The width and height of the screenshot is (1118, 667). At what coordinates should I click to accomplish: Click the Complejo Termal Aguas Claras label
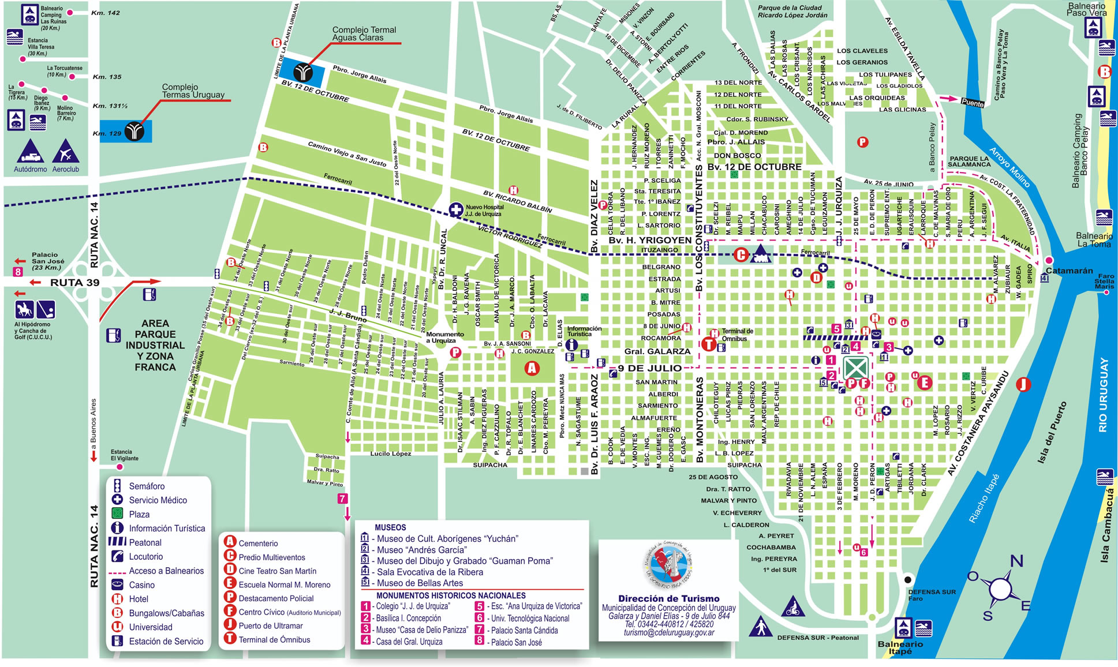pyautogui.click(x=364, y=34)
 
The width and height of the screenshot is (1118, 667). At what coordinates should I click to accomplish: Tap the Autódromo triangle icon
pyautogui.click(x=30, y=151)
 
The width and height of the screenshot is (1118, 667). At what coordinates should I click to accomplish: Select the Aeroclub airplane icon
pyautogui.click(x=65, y=151)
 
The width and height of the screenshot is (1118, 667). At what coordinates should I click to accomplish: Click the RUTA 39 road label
pyautogui.click(x=74, y=283)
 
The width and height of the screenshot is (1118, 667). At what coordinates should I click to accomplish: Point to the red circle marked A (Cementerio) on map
pyautogui.click(x=532, y=368)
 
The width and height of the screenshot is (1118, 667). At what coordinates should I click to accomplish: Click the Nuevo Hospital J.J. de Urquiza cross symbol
pyautogui.click(x=456, y=210)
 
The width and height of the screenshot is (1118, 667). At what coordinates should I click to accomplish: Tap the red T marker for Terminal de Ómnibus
pyautogui.click(x=709, y=344)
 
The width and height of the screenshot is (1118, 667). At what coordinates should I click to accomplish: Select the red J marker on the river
pyautogui.click(x=1023, y=384)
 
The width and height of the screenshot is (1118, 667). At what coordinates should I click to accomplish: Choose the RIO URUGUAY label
pyautogui.click(x=1103, y=395)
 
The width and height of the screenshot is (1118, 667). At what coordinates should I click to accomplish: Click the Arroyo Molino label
pyautogui.click(x=1009, y=167)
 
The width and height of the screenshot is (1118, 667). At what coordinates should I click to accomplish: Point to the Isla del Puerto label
pyautogui.click(x=1052, y=433)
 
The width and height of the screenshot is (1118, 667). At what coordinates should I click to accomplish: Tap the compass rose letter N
pyautogui.click(x=1016, y=561)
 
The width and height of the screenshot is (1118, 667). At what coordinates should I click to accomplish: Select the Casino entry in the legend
pyautogui.click(x=141, y=585)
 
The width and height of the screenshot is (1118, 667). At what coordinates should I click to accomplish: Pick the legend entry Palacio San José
pyautogui.click(x=516, y=642)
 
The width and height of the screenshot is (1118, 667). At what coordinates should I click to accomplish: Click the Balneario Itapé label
pyautogui.click(x=900, y=647)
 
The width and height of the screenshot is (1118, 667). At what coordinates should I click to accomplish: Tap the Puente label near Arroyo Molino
pyautogui.click(x=972, y=103)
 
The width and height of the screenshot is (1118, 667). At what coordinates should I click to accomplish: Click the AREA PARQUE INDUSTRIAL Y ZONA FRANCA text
pyautogui.click(x=155, y=345)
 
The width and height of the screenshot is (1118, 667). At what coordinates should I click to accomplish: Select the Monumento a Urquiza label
pyautogui.click(x=444, y=338)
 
